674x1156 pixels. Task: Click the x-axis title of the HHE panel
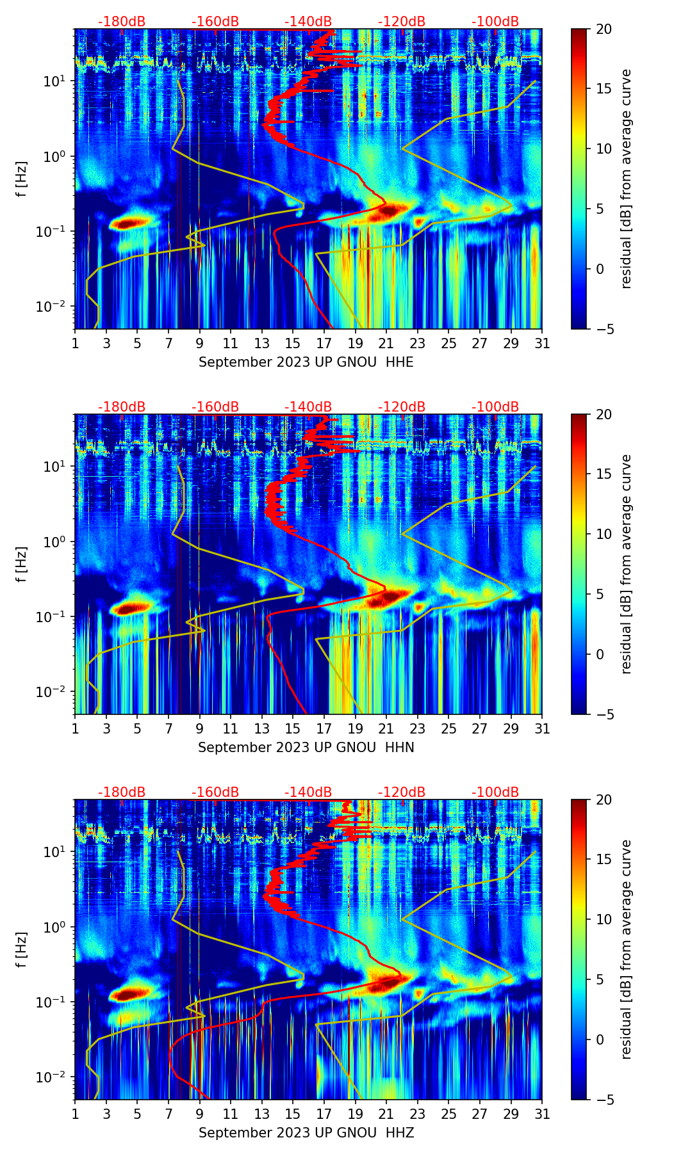pos(306,362)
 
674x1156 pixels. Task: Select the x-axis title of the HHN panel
pos(306,748)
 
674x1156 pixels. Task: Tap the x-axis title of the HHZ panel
pos(306,1133)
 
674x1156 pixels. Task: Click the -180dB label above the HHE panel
pos(122,22)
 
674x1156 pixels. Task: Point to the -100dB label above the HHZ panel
pos(495,792)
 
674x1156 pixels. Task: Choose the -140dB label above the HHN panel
pos(308,407)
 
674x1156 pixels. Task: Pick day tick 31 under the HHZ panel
pos(542,1114)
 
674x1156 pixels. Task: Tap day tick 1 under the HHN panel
pos(76,728)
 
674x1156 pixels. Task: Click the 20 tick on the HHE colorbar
pos(604,29)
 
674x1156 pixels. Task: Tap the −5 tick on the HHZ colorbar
pos(604,1100)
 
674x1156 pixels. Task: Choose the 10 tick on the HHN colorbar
pos(604,534)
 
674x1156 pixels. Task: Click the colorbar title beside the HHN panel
pos(626,564)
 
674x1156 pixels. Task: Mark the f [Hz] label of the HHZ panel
pos(22,949)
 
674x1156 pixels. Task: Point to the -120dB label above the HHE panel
pos(402,22)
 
